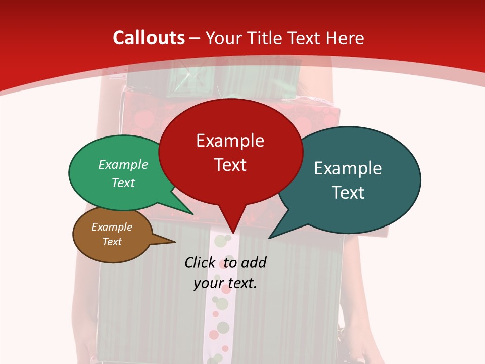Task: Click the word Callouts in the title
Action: coord(149,38)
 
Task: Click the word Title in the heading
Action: coord(265,38)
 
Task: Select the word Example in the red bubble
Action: coord(230,141)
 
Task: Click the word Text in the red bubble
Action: coord(230,165)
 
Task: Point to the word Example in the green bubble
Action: coord(123,164)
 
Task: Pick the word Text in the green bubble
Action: coord(123,183)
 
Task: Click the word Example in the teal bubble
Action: coord(348,168)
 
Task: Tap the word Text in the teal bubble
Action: coord(348,193)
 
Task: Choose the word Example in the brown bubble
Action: coord(112,227)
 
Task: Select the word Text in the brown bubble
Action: coord(112,242)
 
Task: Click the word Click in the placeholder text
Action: coord(200,262)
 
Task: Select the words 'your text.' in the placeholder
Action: coord(225,283)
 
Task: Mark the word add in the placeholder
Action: coord(253,262)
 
